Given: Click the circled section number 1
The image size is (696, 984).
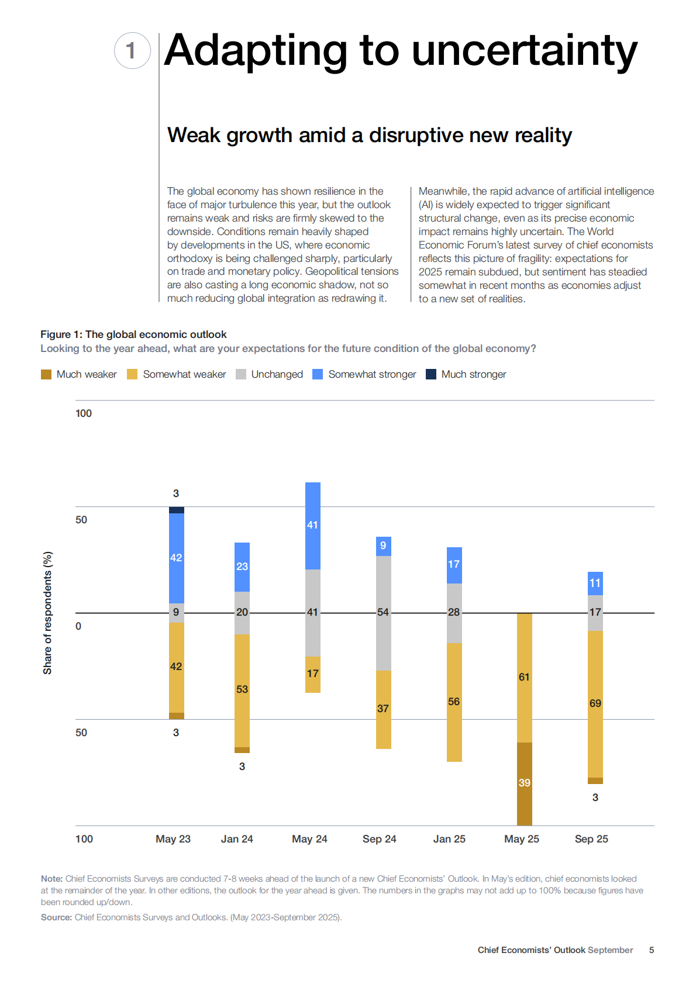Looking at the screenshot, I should (x=132, y=51).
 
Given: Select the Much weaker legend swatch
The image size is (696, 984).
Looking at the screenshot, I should (x=46, y=374).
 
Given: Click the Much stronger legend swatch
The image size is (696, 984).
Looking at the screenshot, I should (x=431, y=374).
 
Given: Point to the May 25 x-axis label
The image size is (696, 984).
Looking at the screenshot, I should (x=521, y=839).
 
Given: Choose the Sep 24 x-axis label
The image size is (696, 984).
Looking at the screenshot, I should (x=379, y=839).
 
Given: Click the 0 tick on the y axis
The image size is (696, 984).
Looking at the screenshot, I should (x=78, y=626).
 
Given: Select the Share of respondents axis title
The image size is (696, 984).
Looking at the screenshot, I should (x=47, y=613).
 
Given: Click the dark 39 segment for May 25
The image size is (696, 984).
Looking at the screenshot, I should (x=525, y=783).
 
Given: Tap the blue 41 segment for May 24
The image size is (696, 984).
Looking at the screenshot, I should (x=313, y=526).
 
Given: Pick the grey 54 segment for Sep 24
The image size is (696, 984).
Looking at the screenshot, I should (x=383, y=613).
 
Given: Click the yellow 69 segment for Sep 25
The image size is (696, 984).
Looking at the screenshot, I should (x=595, y=703).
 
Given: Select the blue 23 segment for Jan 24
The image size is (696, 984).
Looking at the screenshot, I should (x=242, y=567).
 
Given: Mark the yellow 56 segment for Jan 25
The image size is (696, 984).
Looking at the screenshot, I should (x=454, y=702).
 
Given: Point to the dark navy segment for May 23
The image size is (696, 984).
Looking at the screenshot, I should (x=177, y=510).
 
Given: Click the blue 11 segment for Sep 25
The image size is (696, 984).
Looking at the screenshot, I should (x=595, y=583).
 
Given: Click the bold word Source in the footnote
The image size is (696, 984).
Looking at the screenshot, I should (x=56, y=917).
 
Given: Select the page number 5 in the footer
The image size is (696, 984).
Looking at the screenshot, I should (x=652, y=950).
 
